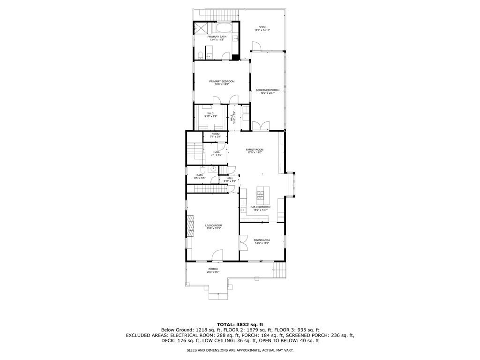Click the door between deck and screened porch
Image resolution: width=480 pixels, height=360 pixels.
click(257, 46)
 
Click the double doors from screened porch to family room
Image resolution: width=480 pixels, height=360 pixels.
click(261, 126)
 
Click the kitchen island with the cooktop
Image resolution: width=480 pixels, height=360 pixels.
click(261, 193)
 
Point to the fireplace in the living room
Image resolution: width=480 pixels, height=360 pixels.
click(190, 227)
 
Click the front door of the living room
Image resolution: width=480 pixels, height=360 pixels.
click(217, 255)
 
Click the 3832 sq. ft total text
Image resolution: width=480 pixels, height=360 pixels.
click(240, 324)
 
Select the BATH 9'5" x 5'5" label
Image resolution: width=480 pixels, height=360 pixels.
click(200, 177)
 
